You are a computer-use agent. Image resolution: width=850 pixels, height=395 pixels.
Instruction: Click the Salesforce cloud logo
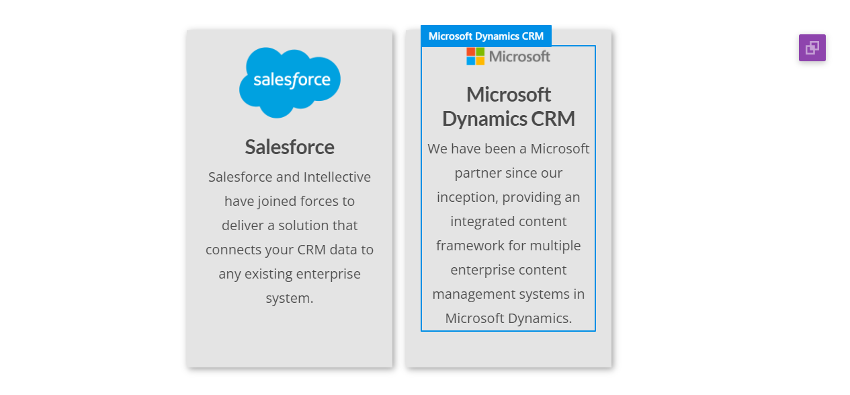(x=290, y=83)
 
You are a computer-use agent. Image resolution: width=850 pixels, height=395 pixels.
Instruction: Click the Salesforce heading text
(x=290, y=147)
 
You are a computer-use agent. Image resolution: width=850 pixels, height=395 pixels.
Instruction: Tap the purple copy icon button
(x=812, y=48)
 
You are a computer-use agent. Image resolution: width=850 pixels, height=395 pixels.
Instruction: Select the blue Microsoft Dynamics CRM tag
(x=486, y=36)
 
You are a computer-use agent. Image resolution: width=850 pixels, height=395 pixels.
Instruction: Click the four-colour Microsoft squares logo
(x=476, y=57)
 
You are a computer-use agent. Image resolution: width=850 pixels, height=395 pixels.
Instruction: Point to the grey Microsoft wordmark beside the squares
(x=519, y=57)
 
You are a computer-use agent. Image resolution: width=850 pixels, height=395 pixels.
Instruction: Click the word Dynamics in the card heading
(x=484, y=119)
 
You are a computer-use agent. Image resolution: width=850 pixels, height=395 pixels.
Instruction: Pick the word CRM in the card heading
(x=553, y=118)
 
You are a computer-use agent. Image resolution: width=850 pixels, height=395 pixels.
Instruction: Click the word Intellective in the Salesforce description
(x=337, y=177)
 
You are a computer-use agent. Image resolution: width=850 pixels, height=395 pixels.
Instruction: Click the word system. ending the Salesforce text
(x=290, y=298)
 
